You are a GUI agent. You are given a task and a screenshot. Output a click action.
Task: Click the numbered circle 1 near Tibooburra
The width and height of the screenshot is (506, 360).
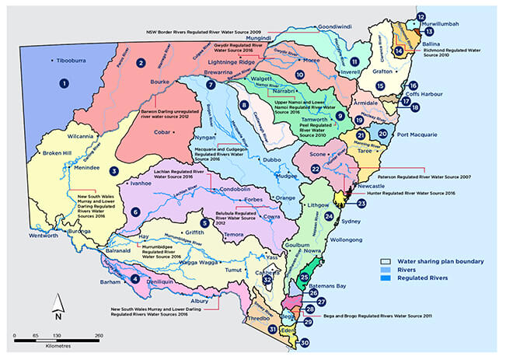65,82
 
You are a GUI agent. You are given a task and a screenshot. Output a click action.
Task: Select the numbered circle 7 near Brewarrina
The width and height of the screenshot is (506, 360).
211,86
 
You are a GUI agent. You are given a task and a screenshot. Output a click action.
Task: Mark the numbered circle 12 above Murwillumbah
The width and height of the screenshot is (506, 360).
421,16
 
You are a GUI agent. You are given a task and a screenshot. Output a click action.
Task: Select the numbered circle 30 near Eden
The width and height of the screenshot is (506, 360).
305,342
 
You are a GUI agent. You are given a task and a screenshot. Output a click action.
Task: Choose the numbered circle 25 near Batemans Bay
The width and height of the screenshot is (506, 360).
305,276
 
